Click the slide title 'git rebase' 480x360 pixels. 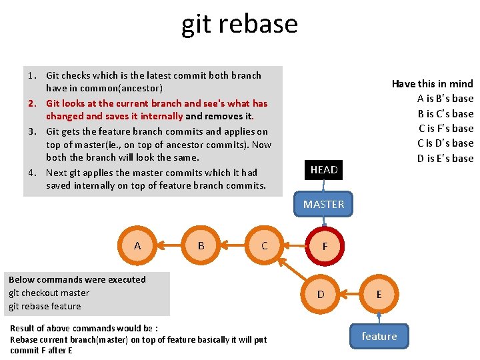point(239,24)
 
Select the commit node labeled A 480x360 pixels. point(137,245)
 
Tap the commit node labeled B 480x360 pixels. point(201,245)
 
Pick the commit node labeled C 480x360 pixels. point(265,245)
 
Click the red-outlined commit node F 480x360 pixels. point(325,246)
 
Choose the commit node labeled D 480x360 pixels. point(321,294)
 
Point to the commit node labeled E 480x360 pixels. point(379,294)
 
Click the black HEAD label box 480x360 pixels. point(324,169)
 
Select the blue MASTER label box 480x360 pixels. point(324,204)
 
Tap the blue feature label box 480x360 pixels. point(379,336)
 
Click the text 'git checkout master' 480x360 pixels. point(49,293)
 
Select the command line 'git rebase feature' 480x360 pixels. point(45,306)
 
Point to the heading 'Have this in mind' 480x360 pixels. point(432,83)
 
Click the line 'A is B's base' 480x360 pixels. point(445,99)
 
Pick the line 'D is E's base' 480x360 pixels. point(445,158)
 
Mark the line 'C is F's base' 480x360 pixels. point(445,128)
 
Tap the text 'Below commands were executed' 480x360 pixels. point(77,279)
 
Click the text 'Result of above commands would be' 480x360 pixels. point(83,328)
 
